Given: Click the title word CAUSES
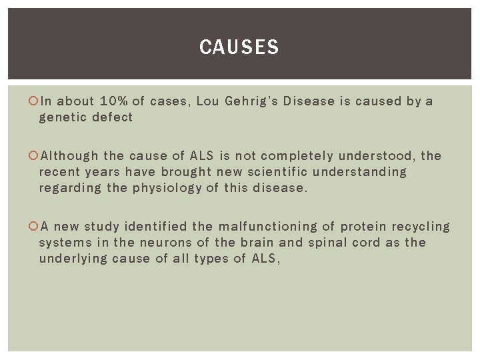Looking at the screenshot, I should (x=239, y=47).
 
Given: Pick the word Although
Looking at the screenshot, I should (x=69, y=156).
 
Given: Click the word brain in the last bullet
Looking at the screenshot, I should (x=257, y=243).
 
